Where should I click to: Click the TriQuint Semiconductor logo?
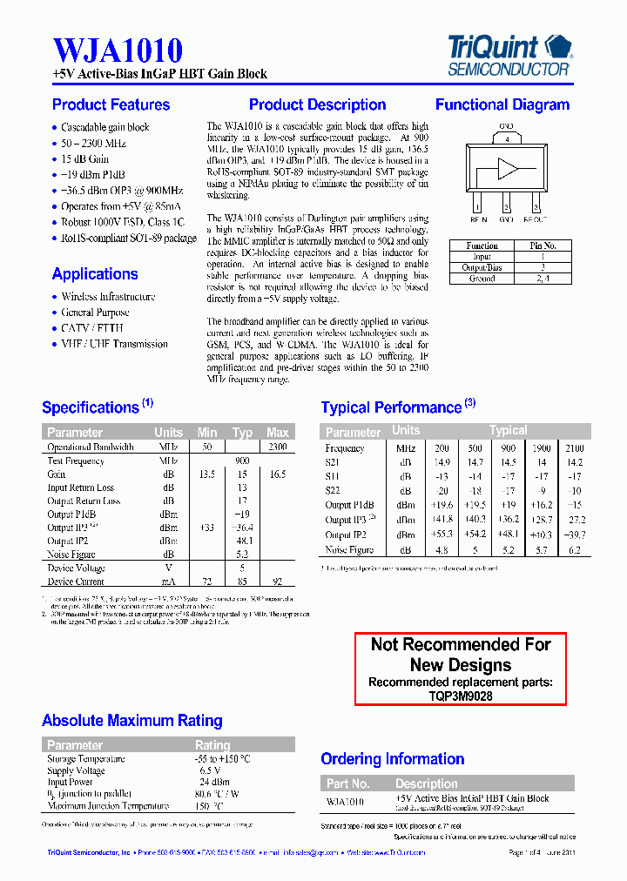click(x=509, y=54)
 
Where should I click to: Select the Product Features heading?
click(x=111, y=105)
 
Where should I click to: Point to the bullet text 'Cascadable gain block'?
click(x=104, y=127)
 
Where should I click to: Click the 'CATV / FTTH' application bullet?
click(x=92, y=328)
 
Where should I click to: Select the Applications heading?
click(x=95, y=274)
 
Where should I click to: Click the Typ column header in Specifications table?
click(x=242, y=433)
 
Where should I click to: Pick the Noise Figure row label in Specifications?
click(x=71, y=554)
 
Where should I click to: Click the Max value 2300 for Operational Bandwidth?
click(x=278, y=447)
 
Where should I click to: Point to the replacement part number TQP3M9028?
click(x=461, y=696)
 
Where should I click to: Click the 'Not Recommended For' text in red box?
click(x=461, y=644)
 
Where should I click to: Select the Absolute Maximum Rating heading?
click(x=132, y=721)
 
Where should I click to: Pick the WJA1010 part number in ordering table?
click(x=345, y=802)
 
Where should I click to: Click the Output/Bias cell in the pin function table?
click(x=482, y=268)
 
